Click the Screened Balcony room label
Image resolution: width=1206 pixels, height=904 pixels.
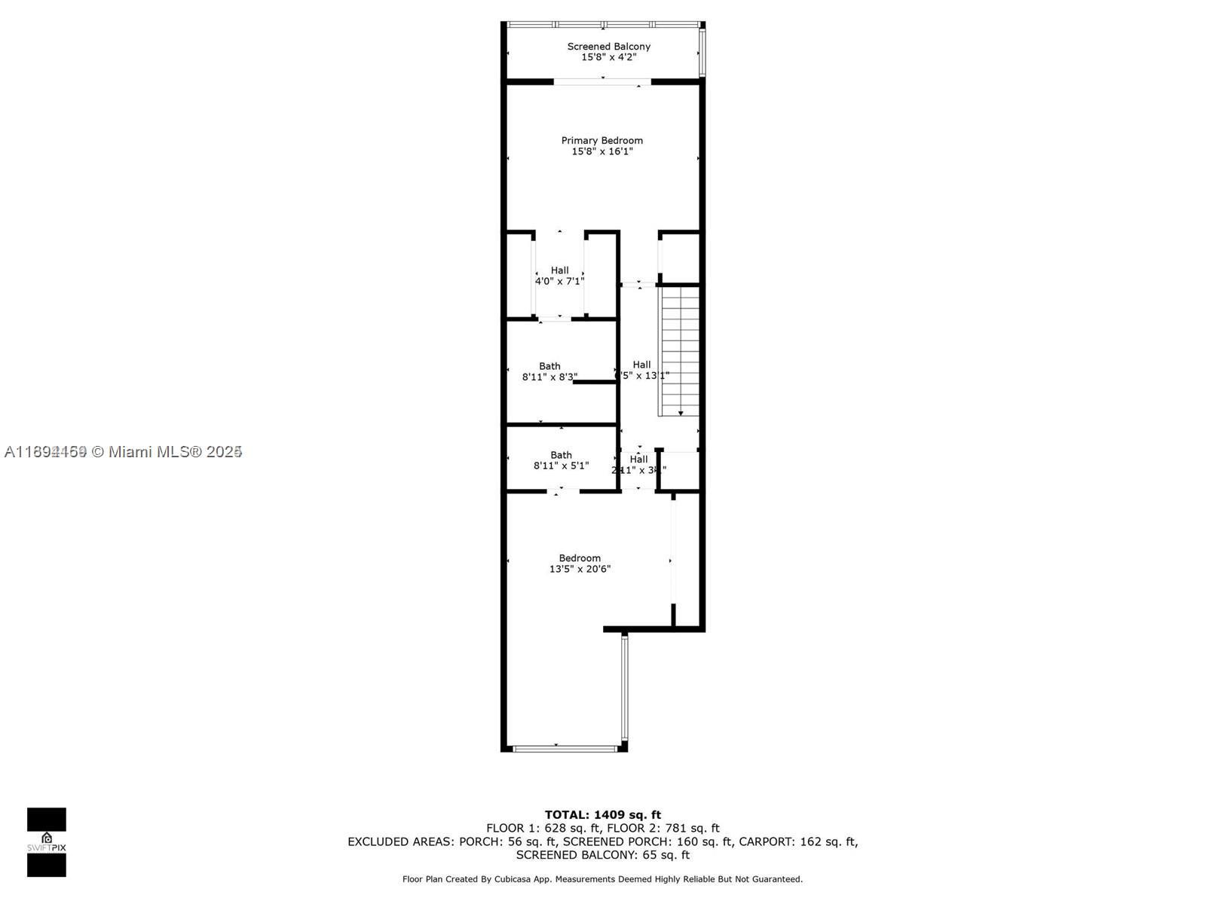(x=608, y=47)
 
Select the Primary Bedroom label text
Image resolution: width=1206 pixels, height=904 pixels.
(x=601, y=141)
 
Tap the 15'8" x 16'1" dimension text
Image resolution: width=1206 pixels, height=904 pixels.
(x=601, y=151)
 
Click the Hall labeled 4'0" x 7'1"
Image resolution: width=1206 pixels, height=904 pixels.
(x=559, y=276)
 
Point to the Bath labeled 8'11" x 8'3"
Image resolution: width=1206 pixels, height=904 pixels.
(x=549, y=371)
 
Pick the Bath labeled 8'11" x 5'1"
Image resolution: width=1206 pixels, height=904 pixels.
(x=561, y=460)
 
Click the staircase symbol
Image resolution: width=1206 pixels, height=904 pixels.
(x=681, y=350)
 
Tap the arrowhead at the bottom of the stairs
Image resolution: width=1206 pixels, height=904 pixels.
(x=681, y=413)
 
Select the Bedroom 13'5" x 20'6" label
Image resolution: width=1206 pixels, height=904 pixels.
(x=580, y=563)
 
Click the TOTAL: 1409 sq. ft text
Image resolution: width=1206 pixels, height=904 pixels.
(x=602, y=814)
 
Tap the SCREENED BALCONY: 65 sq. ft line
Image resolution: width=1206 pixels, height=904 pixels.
(x=602, y=855)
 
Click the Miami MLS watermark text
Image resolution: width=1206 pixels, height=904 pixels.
(x=123, y=451)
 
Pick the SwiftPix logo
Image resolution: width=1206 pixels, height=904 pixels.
(x=47, y=841)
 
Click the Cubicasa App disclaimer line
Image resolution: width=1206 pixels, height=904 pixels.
(x=602, y=879)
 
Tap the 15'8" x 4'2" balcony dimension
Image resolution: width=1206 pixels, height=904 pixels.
(x=608, y=57)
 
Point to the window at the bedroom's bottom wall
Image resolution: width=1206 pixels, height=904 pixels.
(x=565, y=748)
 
